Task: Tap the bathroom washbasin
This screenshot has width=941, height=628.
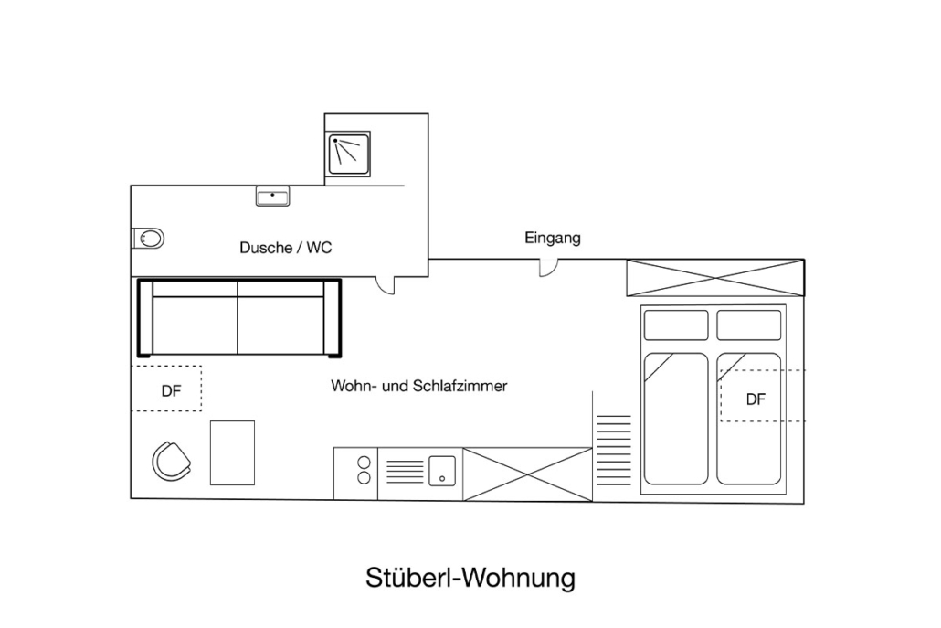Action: click(272, 197)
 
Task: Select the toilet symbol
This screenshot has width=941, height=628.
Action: click(149, 239)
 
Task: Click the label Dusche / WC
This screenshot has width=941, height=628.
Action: click(285, 247)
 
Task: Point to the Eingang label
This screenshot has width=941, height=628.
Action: click(552, 238)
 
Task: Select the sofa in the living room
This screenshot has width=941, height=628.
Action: click(238, 318)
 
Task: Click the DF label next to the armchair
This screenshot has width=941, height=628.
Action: click(171, 391)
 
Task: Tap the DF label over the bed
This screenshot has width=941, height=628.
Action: click(755, 399)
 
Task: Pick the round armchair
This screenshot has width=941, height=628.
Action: click(172, 461)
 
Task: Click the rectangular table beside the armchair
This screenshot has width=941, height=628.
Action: click(232, 452)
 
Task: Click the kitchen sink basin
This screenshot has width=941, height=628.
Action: click(442, 470)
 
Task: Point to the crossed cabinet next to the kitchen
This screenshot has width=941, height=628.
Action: click(527, 474)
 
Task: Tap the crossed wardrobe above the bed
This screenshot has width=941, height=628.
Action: click(714, 278)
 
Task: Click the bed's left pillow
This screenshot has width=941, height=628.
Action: click(676, 325)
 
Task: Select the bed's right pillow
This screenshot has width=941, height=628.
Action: click(748, 325)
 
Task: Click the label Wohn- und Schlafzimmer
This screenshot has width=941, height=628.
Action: click(418, 386)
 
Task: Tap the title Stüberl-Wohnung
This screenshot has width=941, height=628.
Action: click(470, 578)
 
